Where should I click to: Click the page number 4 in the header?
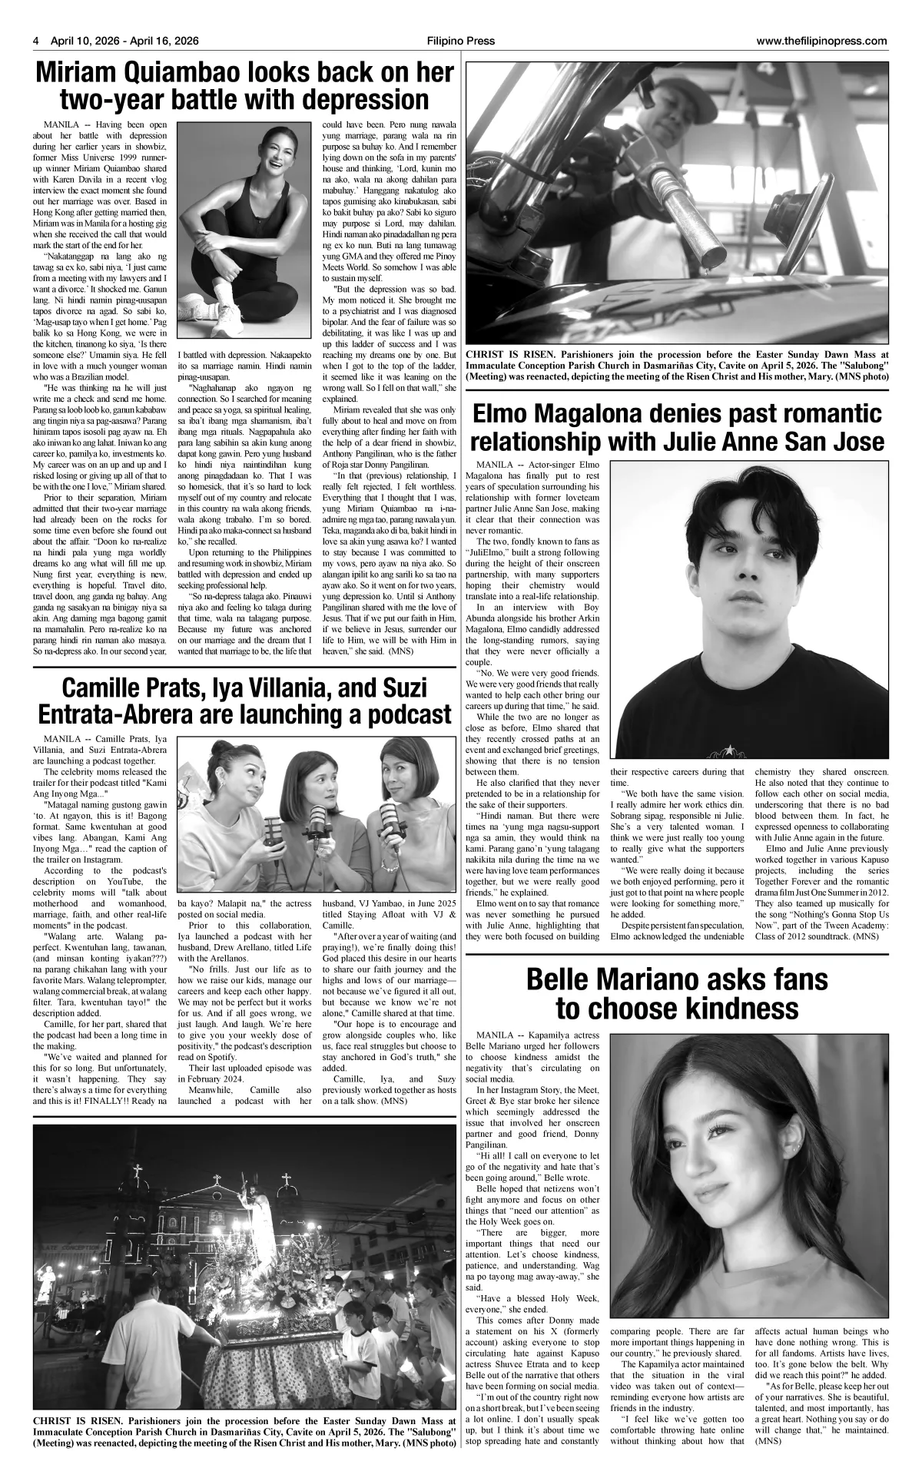point(36,41)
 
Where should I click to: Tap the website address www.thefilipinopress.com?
point(821,41)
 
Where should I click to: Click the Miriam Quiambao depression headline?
point(245,87)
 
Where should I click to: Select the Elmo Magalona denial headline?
point(676,429)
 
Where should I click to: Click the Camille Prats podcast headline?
point(245,701)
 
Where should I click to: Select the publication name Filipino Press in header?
point(462,41)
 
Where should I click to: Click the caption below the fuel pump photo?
point(676,366)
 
